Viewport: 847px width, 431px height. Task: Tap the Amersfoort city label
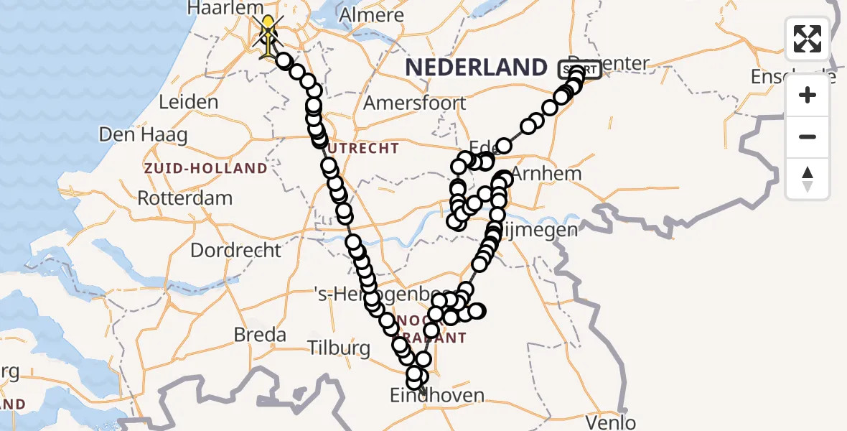click(x=415, y=103)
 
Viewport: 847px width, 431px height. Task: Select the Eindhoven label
click(x=437, y=395)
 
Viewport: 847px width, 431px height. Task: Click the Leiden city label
click(x=188, y=102)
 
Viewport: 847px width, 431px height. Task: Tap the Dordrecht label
click(x=235, y=251)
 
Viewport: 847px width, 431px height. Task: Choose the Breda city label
click(x=260, y=335)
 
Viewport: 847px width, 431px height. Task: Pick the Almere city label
click(x=372, y=15)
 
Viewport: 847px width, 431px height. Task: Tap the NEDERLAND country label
click(x=477, y=68)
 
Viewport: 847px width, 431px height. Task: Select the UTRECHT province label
click(x=367, y=149)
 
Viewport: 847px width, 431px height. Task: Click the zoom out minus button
click(x=808, y=137)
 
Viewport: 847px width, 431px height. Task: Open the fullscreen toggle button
click(x=808, y=39)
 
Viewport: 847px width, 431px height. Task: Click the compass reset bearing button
click(x=808, y=179)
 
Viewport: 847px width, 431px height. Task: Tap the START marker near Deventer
click(x=580, y=70)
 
